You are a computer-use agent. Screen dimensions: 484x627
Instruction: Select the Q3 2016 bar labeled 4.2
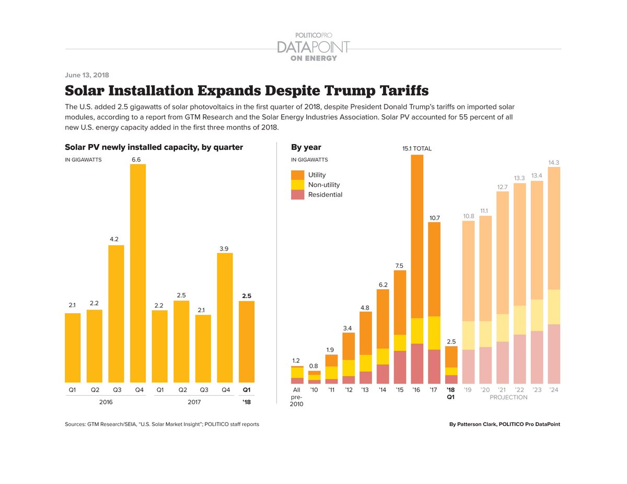click(116, 313)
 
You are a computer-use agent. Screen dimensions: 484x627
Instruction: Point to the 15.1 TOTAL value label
click(416, 149)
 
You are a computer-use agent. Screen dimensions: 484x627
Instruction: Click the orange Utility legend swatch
click(297, 175)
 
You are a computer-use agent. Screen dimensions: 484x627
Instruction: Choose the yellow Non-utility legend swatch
click(297, 185)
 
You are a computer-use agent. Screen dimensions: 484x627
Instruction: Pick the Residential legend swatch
click(297, 195)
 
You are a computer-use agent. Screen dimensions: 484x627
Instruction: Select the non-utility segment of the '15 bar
click(400, 343)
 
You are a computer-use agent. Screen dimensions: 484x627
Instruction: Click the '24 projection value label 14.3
click(553, 162)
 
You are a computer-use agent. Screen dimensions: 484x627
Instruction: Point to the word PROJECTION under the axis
click(508, 397)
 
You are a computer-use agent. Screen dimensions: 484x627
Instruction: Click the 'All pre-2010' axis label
click(297, 397)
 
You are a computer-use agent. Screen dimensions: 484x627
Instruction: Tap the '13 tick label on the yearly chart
click(365, 389)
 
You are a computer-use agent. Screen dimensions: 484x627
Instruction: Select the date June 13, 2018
click(87, 75)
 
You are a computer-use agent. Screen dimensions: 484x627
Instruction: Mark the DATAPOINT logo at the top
click(313, 46)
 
